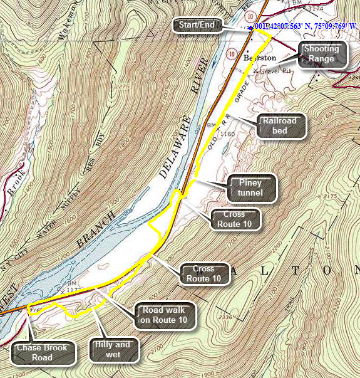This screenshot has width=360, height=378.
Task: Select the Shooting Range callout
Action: coord(323,54)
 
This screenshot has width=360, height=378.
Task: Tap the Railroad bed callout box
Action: coord(279,126)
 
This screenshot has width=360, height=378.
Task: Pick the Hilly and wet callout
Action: coord(113,349)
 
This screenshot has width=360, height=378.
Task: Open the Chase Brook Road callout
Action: coord(43,352)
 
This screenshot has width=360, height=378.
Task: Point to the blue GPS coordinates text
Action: coord(306,27)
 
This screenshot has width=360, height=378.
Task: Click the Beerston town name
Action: coord(259,58)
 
